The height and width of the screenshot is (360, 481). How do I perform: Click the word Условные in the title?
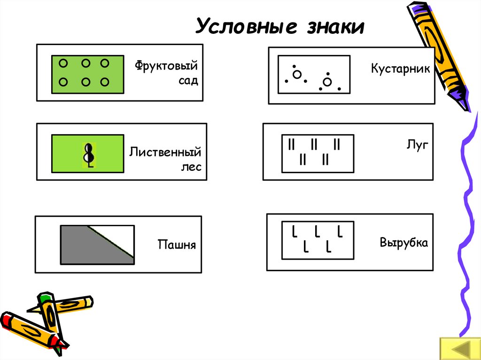[246, 27]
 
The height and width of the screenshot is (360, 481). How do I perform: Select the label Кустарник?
[400, 69]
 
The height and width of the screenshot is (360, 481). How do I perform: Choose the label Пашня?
[176, 245]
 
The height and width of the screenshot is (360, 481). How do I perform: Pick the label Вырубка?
[403, 243]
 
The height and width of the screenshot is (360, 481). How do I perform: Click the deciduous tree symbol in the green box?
[88, 154]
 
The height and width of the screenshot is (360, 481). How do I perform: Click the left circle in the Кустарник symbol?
[297, 74]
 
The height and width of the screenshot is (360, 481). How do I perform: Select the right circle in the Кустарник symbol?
[327, 82]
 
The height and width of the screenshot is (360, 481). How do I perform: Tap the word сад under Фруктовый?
[187, 80]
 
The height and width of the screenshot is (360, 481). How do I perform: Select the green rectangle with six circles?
[87, 73]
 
